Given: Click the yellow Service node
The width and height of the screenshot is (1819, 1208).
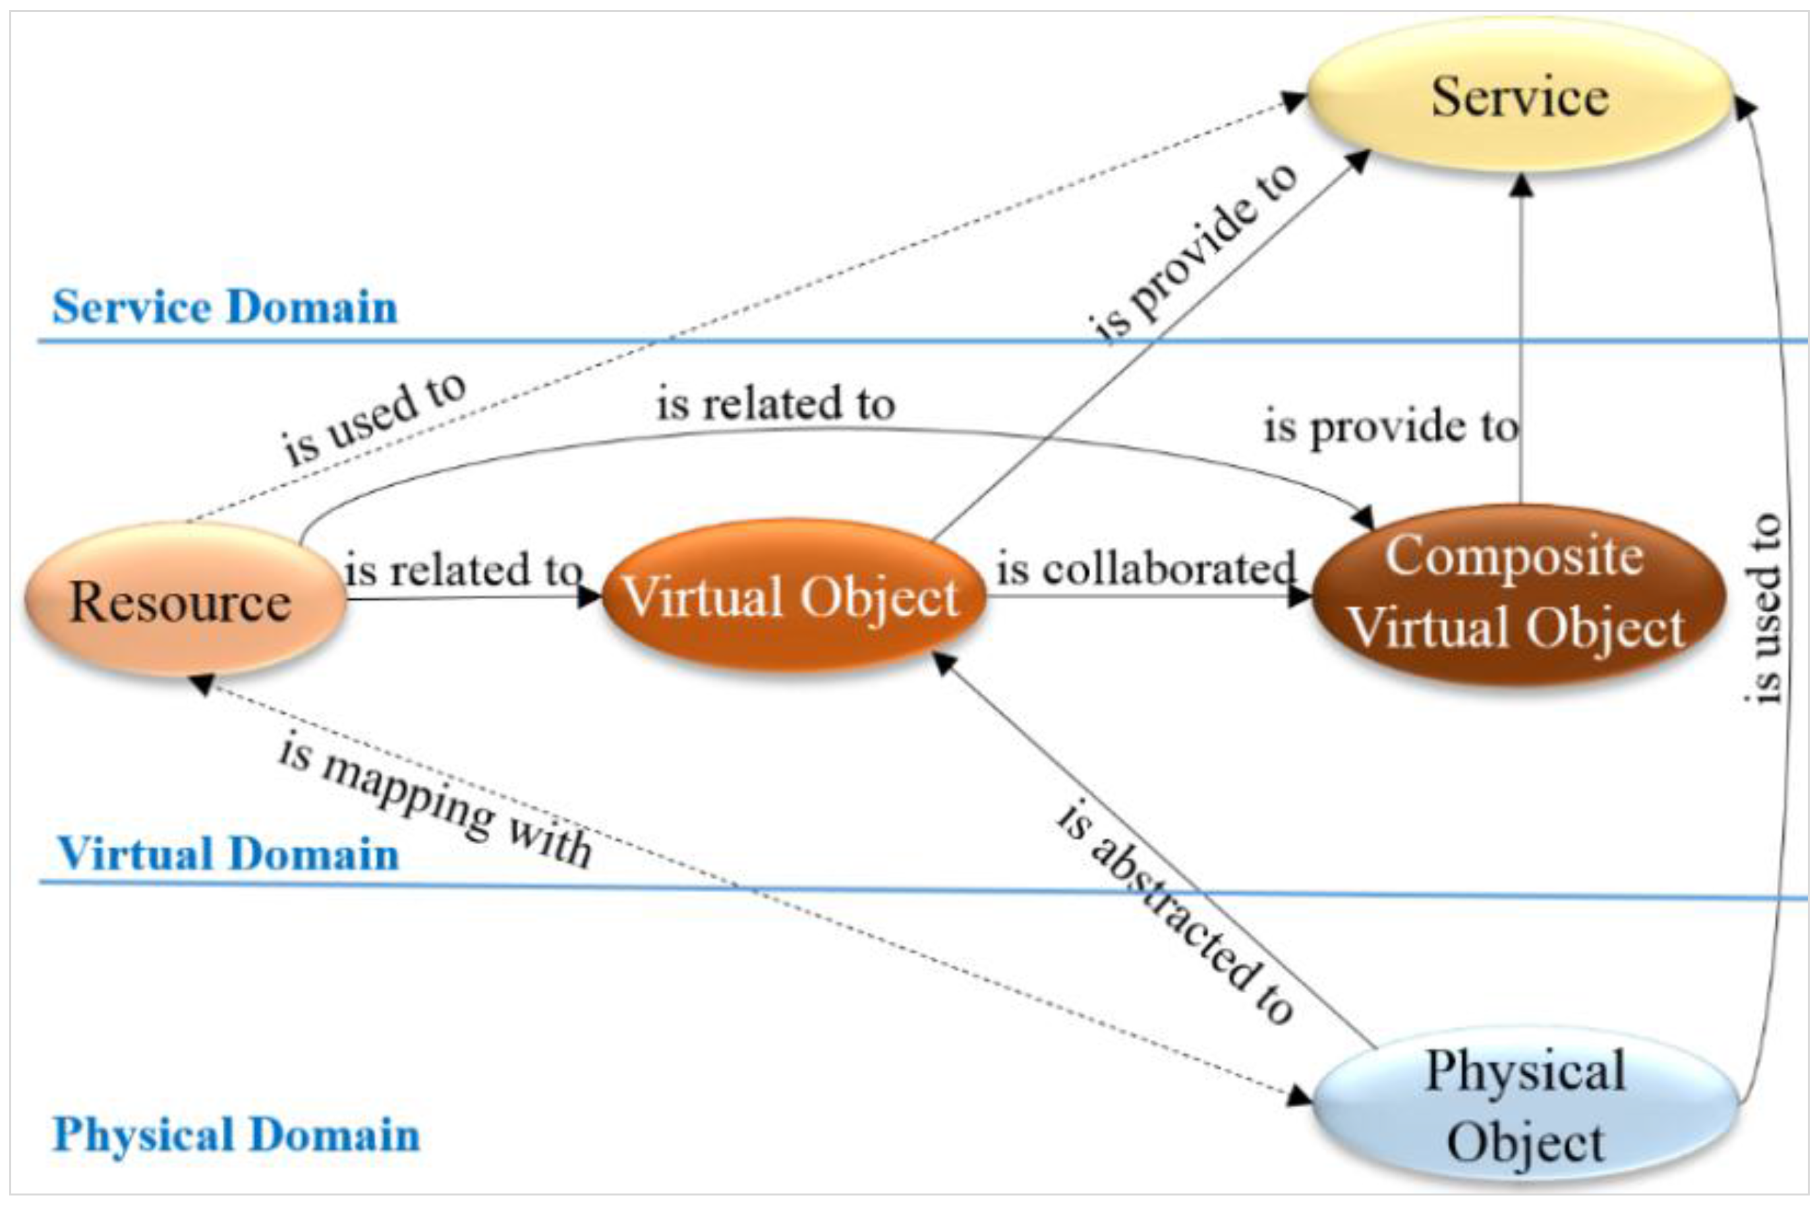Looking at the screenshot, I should click(1519, 96).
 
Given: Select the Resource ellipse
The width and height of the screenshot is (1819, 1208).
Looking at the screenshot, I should click(183, 601).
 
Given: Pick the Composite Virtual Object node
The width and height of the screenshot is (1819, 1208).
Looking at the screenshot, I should click(1516, 593).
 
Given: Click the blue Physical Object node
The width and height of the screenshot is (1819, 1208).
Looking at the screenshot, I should click(1524, 1106).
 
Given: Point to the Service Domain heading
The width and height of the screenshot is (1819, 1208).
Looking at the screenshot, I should click(224, 306).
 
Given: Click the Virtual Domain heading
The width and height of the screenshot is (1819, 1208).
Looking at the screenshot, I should click(228, 853).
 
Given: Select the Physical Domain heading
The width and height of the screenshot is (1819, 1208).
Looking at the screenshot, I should click(236, 1135).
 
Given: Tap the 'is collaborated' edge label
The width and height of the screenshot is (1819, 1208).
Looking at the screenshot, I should click(1145, 569).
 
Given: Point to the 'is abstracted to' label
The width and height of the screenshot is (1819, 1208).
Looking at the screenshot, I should click(1173, 913).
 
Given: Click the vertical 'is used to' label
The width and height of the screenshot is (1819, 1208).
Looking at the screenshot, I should click(1764, 609).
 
